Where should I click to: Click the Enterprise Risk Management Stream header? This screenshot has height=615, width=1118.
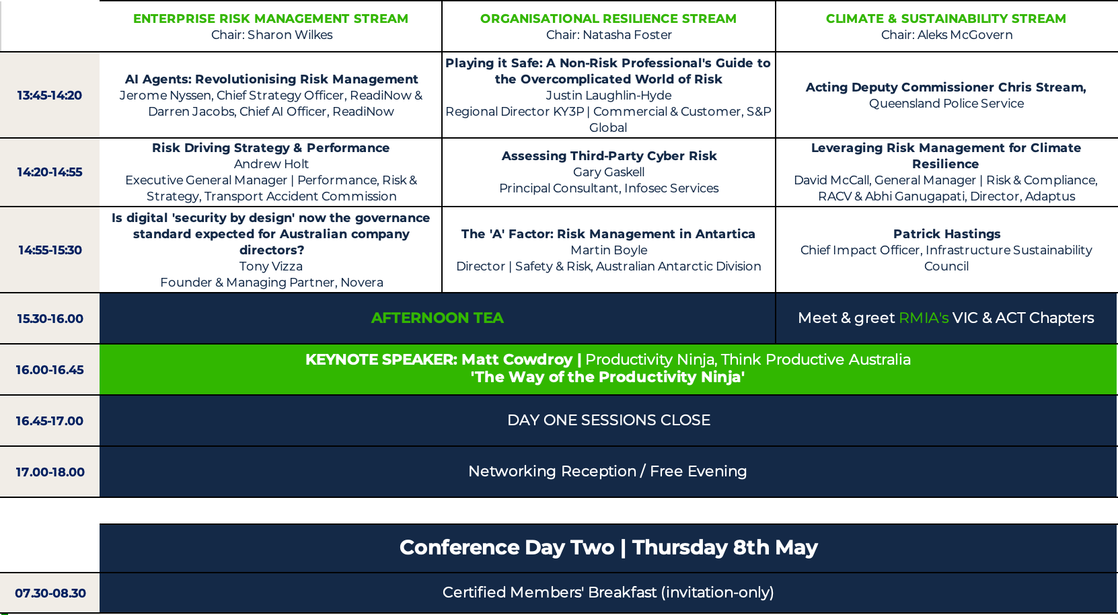270,18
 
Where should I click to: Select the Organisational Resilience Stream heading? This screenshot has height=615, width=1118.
608,18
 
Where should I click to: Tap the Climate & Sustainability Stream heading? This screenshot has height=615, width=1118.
946,18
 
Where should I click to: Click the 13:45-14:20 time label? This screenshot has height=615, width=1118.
49,96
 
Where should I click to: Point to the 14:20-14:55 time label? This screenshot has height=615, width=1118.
49,172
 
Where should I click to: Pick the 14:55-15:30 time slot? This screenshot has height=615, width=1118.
50,250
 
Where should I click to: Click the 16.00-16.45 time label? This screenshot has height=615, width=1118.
49,370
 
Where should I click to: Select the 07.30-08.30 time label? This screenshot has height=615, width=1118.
50,593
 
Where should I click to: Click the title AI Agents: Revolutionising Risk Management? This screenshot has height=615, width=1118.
271,79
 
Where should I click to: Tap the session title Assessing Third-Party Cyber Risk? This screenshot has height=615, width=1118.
609,156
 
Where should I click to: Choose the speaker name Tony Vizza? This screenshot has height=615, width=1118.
271,266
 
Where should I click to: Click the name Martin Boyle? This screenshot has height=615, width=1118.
609,250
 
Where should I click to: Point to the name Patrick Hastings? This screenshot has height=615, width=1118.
946,234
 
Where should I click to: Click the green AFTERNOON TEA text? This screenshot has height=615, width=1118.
437,318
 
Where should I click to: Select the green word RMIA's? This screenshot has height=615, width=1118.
924,318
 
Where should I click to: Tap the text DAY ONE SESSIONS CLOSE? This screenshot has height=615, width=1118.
608,421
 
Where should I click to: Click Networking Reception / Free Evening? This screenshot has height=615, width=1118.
607,471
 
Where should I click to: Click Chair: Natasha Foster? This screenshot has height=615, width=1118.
608,35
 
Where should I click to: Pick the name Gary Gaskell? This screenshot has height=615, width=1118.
609,172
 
